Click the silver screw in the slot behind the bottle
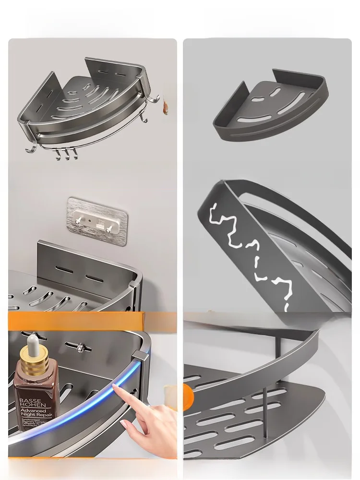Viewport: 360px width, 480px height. click(82, 346)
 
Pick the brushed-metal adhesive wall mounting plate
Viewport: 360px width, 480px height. click(97, 221)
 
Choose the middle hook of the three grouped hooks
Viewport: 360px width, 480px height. click(67, 154)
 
